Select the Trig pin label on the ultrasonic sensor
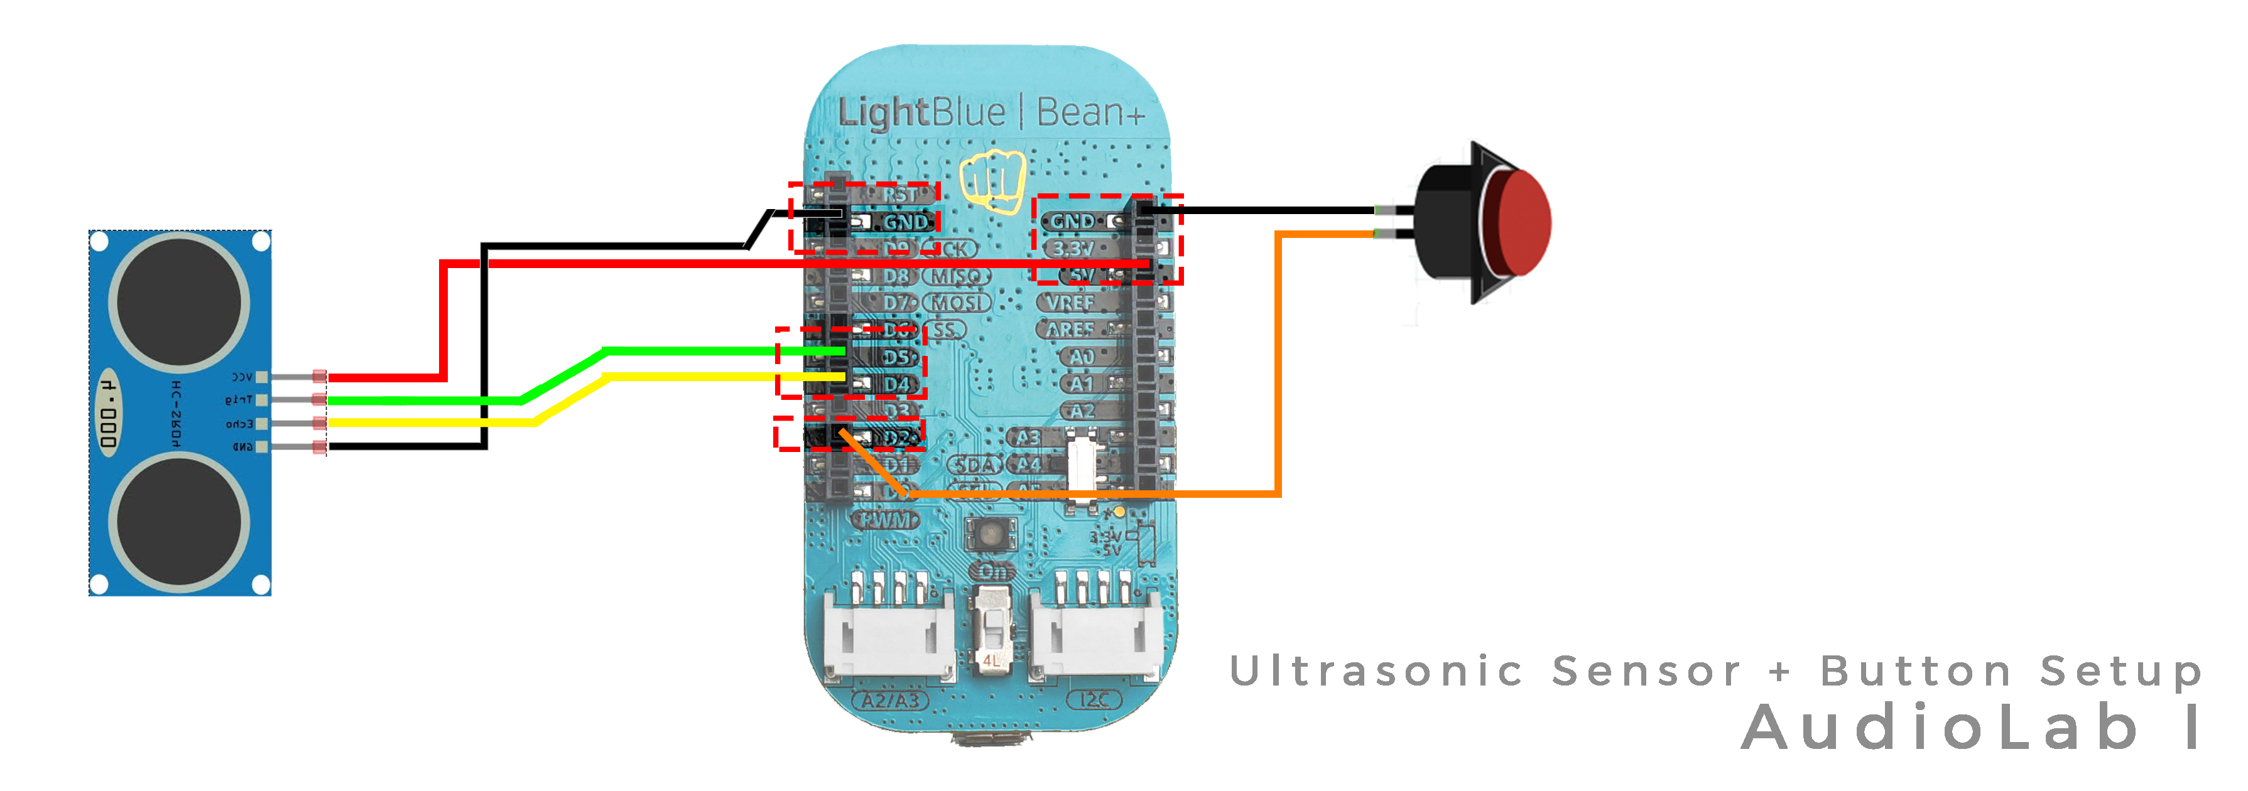point(238,399)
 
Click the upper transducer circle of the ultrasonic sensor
point(179,301)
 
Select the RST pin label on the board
point(901,195)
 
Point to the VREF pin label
point(1070,303)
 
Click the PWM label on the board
point(886,520)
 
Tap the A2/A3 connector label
point(890,699)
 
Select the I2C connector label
point(1094,699)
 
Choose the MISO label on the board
point(957,276)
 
